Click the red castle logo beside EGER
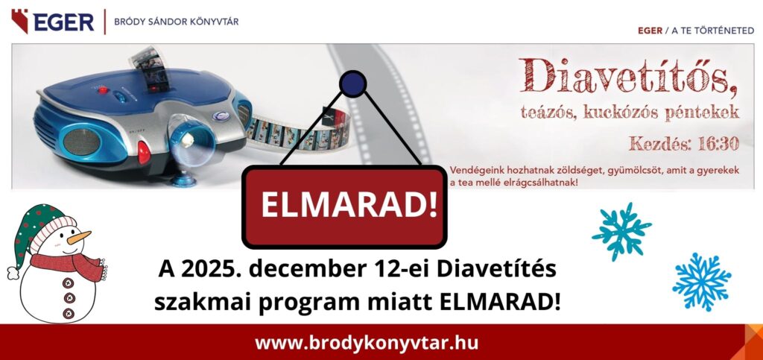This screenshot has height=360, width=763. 20,22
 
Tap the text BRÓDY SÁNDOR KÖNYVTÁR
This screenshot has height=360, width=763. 176,22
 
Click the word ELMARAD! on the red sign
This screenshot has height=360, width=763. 349,206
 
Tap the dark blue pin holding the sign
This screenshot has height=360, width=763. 352,83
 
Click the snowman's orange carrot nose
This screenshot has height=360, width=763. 79,238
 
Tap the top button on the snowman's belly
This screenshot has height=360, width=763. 69,282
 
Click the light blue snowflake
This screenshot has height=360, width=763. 702,281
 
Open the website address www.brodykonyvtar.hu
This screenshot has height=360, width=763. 367,343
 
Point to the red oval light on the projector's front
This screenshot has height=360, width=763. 144,152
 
